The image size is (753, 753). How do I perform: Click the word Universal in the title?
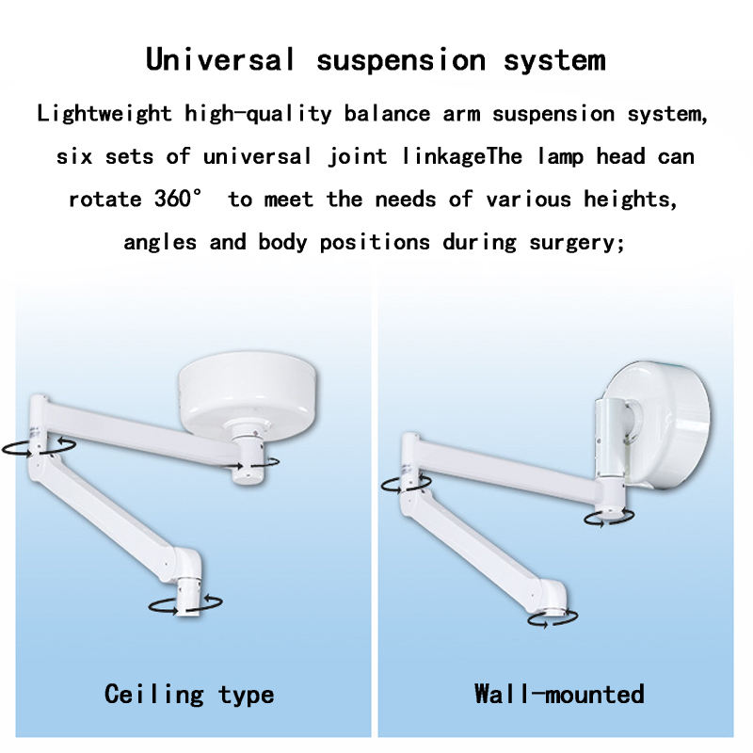[x=220, y=59]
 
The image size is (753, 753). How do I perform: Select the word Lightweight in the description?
[x=104, y=114]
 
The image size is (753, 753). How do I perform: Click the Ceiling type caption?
[x=189, y=695]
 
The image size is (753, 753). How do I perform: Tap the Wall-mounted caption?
[x=559, y=695]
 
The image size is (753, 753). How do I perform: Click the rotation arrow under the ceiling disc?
[x=251, y=462]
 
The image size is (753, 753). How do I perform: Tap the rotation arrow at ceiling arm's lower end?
[x=186, y=604]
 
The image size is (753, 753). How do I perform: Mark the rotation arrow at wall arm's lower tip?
[x=553, y=618]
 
